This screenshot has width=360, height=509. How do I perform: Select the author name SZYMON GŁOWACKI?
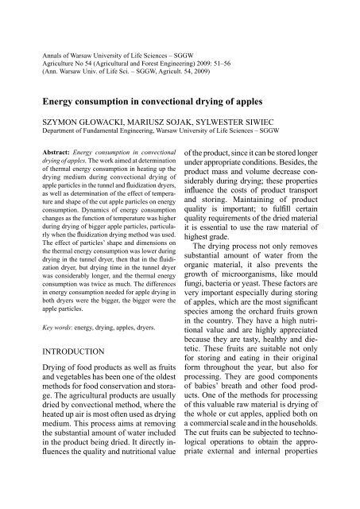click(x=72, y=123)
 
